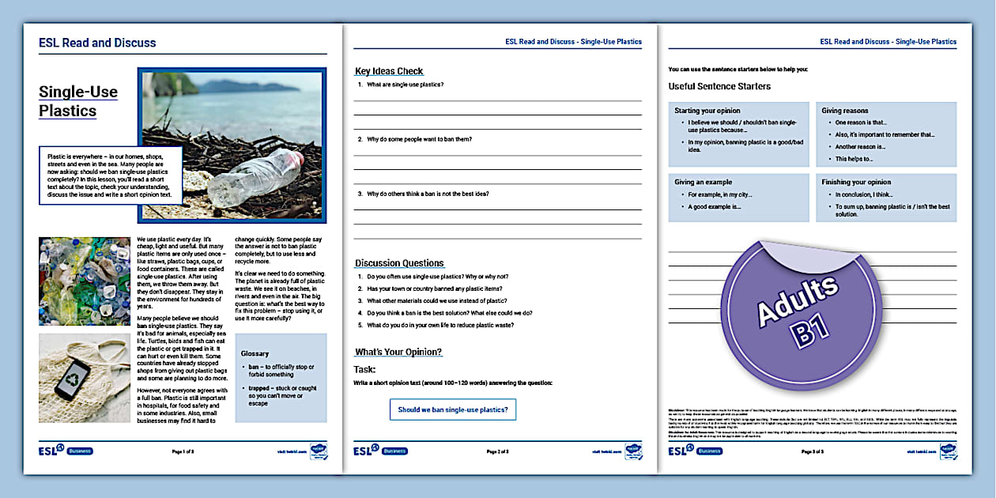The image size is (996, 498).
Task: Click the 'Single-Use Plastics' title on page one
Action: [78, 101]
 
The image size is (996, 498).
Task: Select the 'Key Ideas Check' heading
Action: [389, 71]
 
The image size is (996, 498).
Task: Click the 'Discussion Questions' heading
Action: [399, 263]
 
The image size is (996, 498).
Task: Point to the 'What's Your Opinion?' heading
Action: [398, 352]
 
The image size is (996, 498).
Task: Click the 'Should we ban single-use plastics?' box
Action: [453, 409]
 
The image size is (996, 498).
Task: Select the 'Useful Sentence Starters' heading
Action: [719, 86]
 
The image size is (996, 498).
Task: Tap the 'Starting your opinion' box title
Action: [707, 111]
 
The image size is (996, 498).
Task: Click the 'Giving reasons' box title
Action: [844, 111]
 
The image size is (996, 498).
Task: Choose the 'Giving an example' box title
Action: [703, 182]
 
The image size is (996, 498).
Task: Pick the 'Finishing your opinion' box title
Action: [856, 182]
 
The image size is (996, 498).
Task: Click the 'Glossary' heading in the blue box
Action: [255, 353]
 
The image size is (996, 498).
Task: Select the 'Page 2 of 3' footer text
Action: [498, 451]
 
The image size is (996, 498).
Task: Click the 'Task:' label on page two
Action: [364, 369]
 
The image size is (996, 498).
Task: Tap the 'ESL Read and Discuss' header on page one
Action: [97, 43]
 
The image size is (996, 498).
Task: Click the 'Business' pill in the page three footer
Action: [708, 451]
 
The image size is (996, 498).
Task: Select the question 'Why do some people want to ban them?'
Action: [419, 139]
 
